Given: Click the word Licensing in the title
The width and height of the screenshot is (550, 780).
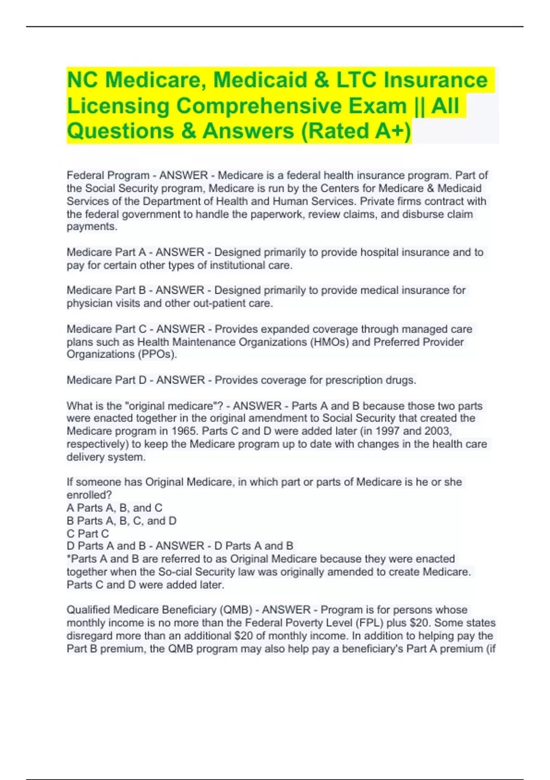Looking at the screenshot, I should (x=118, y=106).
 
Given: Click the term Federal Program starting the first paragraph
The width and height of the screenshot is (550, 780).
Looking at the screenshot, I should (x=108, y=175).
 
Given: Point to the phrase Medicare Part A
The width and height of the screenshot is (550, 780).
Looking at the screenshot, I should (x=106, y=252).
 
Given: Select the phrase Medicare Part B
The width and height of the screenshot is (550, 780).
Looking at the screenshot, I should (x=106, y=290).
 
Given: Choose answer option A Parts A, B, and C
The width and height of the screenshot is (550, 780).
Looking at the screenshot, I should (x=115, y=508).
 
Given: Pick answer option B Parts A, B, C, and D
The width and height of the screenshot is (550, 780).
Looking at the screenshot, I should (x=121, y=521).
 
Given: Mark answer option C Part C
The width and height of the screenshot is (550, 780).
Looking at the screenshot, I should (x=88, y=534).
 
